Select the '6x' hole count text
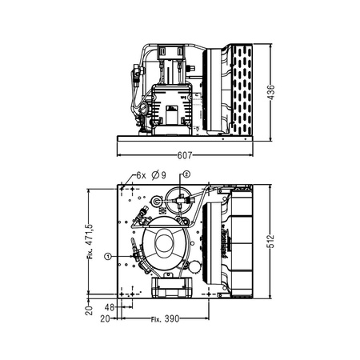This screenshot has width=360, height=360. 141,174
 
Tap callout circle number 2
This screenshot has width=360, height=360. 186,173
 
